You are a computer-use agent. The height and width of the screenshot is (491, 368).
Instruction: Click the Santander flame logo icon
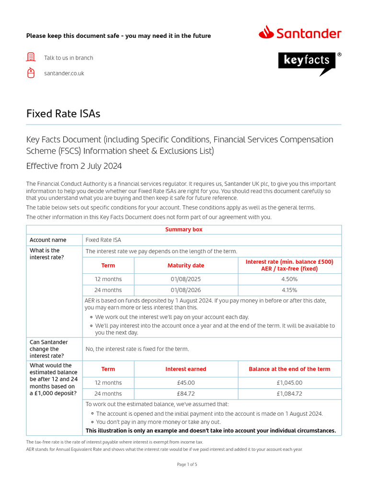pyautogui.click(x=266, y=33)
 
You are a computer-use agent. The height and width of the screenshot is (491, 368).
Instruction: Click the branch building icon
pyautogui.click(x=31, y=58)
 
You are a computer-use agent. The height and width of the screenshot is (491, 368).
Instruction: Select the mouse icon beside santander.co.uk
pyautogui.click(x=31, y=73)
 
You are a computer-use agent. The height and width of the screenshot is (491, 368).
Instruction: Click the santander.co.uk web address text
pyautogui.click(x=64, y=73)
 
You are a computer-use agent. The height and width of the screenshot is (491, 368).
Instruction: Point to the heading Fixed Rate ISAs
pyautogui.click(x=63, y=114)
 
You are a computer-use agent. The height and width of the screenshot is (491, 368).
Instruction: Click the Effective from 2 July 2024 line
pyautogui.click(x=74, y=166)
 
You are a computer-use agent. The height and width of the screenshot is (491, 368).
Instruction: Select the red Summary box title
pyautogui.click(x=184, y=230)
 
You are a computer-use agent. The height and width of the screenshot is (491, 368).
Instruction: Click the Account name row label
pyautogui.click(x=48, y=240)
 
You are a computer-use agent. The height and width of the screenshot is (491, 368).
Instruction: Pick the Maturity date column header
pyautogui.click(x=186, y=265)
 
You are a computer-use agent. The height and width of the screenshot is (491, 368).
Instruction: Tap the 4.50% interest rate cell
pyautogui.click(x=289, y=279)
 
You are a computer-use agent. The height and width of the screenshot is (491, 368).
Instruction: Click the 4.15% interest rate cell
pyautogui.click(x=289, y=290)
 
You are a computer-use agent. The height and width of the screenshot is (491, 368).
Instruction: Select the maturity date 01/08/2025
pyautogui.click(x=186, y=279)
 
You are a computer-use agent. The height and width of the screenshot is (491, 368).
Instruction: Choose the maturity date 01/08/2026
pyautogui.click(x=186, y=290)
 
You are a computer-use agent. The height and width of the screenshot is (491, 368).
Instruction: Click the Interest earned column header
pyautogui.click(x=186, y=369)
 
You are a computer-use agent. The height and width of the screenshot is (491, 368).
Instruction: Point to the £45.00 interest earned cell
pyautogui.click(x=186, y=383)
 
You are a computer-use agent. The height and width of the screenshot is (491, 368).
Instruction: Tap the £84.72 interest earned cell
pyautogui.click(x=186, y=394)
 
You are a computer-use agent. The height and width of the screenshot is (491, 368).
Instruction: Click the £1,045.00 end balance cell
pyautogui.click(x=289, y=383)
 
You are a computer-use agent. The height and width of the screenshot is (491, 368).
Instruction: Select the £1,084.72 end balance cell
pyautogui.click(x=289, y=394)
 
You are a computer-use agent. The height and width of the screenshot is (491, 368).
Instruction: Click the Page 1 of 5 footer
pyautogui.click(x=187, y=464)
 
